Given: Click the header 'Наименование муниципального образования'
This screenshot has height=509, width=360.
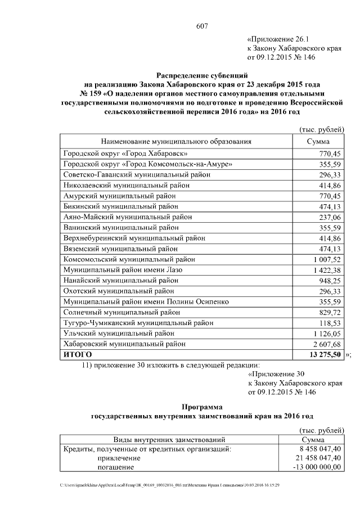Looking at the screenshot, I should [x=176, y=142].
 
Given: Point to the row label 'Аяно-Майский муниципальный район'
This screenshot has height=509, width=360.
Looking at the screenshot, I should [x=123, y=217].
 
